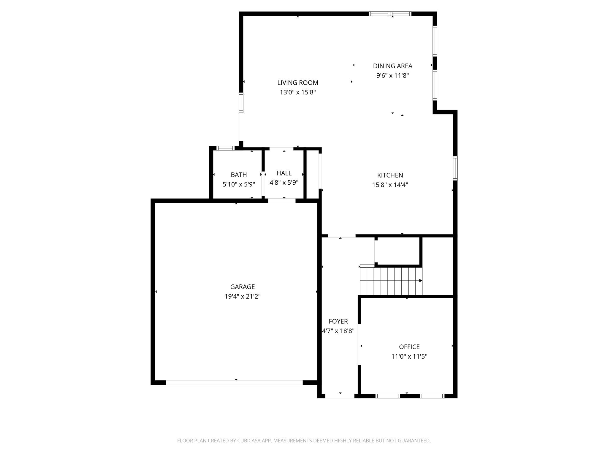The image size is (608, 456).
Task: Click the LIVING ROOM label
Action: pos(297,83)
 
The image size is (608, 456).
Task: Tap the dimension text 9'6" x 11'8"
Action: pos(392,75)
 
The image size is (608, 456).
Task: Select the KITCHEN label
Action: pos(390,175)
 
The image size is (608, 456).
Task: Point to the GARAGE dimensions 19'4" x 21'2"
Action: pos(242,296)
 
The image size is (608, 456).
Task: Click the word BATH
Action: pos(239,175)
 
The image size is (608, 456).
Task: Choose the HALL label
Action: pos(284,173)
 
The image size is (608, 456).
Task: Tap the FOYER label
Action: pos(338,321)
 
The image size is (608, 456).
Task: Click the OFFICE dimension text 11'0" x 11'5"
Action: pos(409,356)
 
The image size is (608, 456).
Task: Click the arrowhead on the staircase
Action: pos(420,281)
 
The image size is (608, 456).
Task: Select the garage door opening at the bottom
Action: pos(234,382)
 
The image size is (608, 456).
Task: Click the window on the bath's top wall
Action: pos(225,148)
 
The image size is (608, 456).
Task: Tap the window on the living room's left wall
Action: pos(241,102)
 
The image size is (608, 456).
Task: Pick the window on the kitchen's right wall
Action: pos(455,168)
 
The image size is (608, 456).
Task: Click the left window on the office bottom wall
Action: pos(387,396)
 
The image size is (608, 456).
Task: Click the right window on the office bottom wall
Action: pos(432,396)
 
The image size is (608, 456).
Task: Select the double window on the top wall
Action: pos(390,14)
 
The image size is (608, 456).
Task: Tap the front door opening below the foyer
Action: pos(340,396)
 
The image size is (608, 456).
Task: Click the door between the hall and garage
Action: pos(282,201)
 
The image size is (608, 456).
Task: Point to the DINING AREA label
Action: pos(392,66)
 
